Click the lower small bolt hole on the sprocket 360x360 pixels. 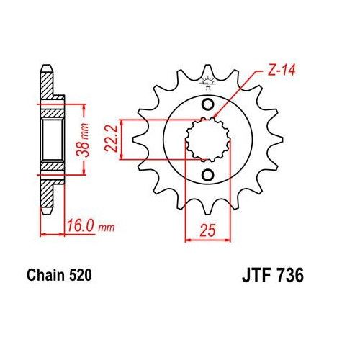pos(208,176)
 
